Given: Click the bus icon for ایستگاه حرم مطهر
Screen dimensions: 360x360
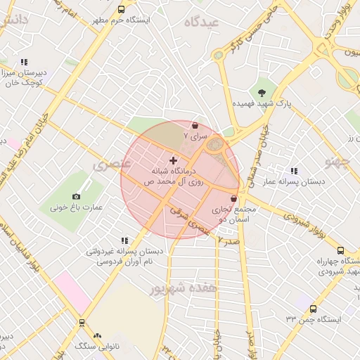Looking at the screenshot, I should click(122, 10).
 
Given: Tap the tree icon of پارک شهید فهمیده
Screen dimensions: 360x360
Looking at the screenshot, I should click(262, 91).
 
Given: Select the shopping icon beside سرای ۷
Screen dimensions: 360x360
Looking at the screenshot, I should click(195, 126).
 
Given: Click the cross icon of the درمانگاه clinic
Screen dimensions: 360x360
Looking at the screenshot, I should click(174, 161).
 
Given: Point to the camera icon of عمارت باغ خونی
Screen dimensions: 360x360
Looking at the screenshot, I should click(76, 196).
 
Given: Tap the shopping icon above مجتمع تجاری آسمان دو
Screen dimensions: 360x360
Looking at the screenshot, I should click(233, 199).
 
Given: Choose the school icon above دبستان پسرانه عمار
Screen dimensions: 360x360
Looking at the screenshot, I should click(294, 171).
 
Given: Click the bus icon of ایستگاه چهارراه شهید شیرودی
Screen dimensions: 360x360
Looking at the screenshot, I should click(340, 250).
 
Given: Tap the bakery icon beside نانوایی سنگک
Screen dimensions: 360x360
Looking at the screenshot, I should click(97, 336).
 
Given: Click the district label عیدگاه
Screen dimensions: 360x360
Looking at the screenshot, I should click(202, 22).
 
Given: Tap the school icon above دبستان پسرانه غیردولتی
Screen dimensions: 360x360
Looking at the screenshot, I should click(124, 240).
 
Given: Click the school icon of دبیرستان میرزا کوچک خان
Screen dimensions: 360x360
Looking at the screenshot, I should click(24, 62).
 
